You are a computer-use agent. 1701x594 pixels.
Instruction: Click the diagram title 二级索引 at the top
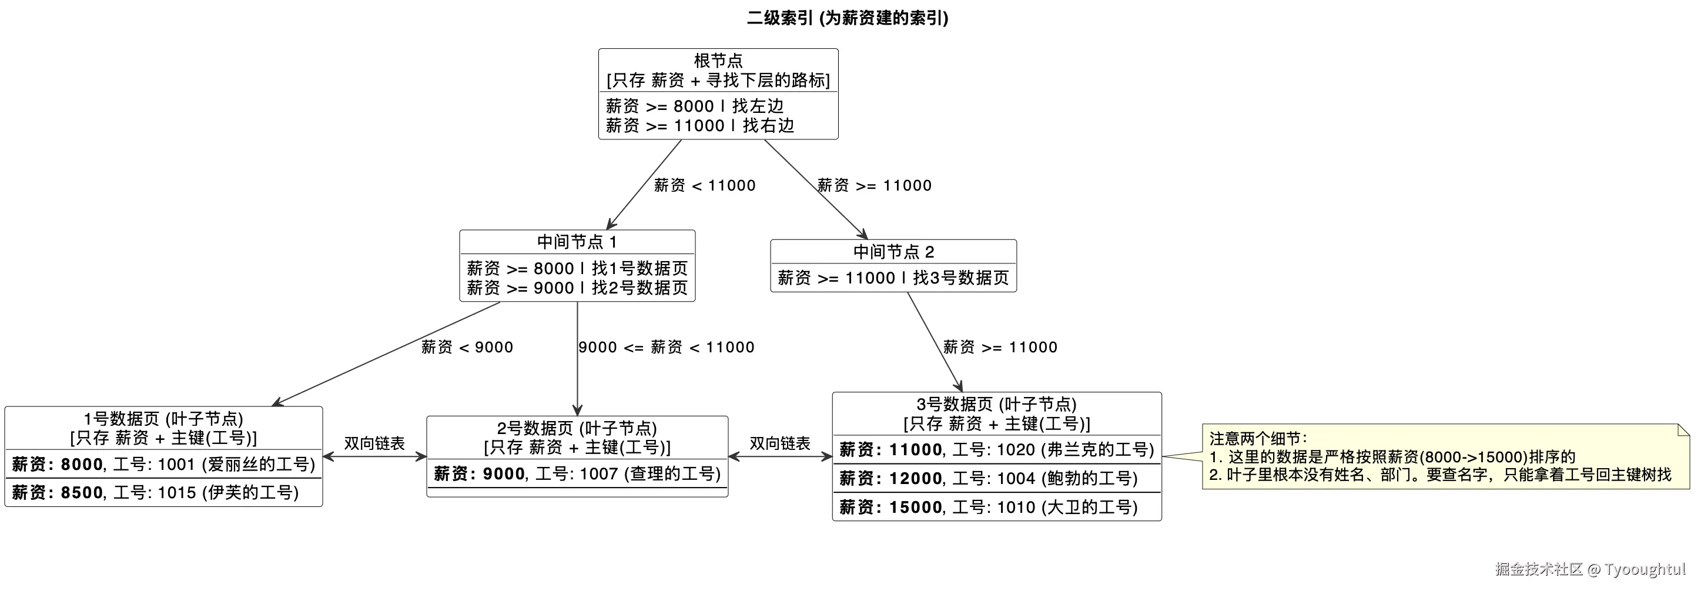pos(847,18)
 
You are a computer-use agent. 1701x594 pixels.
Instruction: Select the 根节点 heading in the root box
pos(718,61)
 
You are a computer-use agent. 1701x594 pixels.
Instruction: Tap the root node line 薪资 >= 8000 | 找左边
pos(695,106)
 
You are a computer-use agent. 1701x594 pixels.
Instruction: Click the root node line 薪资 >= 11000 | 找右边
pos(699,125)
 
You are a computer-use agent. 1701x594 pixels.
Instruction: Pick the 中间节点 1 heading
pos(577,242)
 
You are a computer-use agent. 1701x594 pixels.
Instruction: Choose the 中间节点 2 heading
pos(893,252)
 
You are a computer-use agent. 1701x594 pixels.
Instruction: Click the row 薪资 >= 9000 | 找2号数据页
pos(577,288)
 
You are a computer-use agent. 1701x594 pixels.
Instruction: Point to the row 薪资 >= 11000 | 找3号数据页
pos(893,278)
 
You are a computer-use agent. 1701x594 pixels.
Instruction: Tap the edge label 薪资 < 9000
pos(467,348)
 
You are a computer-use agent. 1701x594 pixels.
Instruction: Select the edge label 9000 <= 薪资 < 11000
pos(665,348)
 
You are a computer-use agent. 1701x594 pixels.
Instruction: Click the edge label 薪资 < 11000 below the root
pos(704,186)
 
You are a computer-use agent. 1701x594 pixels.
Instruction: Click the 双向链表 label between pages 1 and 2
pos(374,443)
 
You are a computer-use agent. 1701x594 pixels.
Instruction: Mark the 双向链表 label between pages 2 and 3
pos(779,443)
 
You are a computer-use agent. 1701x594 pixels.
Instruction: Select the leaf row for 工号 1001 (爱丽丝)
pos(163,465)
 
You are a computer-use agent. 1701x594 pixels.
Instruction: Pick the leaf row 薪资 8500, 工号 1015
pos(155,493)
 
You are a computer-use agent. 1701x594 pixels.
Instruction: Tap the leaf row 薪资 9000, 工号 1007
pos(577,474)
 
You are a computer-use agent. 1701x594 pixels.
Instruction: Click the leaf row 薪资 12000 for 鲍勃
pos(988,478)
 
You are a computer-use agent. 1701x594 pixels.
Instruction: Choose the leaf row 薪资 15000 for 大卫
pos(988,508)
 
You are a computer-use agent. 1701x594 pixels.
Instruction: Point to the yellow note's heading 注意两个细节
pos(1257,438)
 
